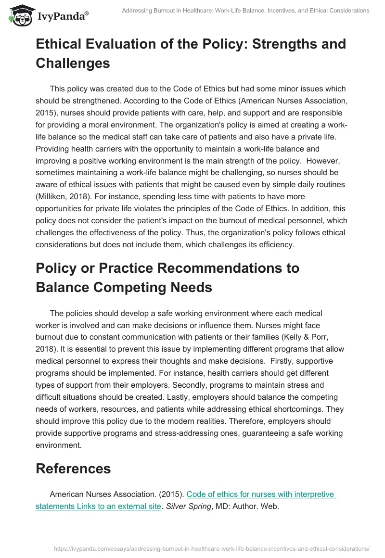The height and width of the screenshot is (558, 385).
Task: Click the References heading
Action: pyautogui.click(x=73, y=468)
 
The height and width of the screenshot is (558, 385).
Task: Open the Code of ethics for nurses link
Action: pyautogui.click(x=261, y=494)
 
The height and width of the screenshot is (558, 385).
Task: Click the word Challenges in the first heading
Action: pyautogui.click(x=73, y=63)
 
